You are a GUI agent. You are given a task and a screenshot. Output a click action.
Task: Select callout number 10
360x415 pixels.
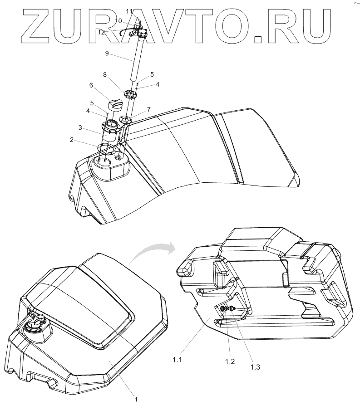[x=118, y=20]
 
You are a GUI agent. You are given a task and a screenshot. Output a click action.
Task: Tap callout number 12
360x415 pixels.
[x=101, y=31]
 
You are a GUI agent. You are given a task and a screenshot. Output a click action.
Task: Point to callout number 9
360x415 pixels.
[x=107, y=53]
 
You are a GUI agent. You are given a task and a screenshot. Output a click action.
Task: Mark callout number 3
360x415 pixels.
[x=80, y=128]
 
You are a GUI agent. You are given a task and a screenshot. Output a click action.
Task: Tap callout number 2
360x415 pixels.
[x=71, y=141]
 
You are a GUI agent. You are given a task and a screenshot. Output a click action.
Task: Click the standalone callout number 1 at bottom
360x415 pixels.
[x=135, y=400]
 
